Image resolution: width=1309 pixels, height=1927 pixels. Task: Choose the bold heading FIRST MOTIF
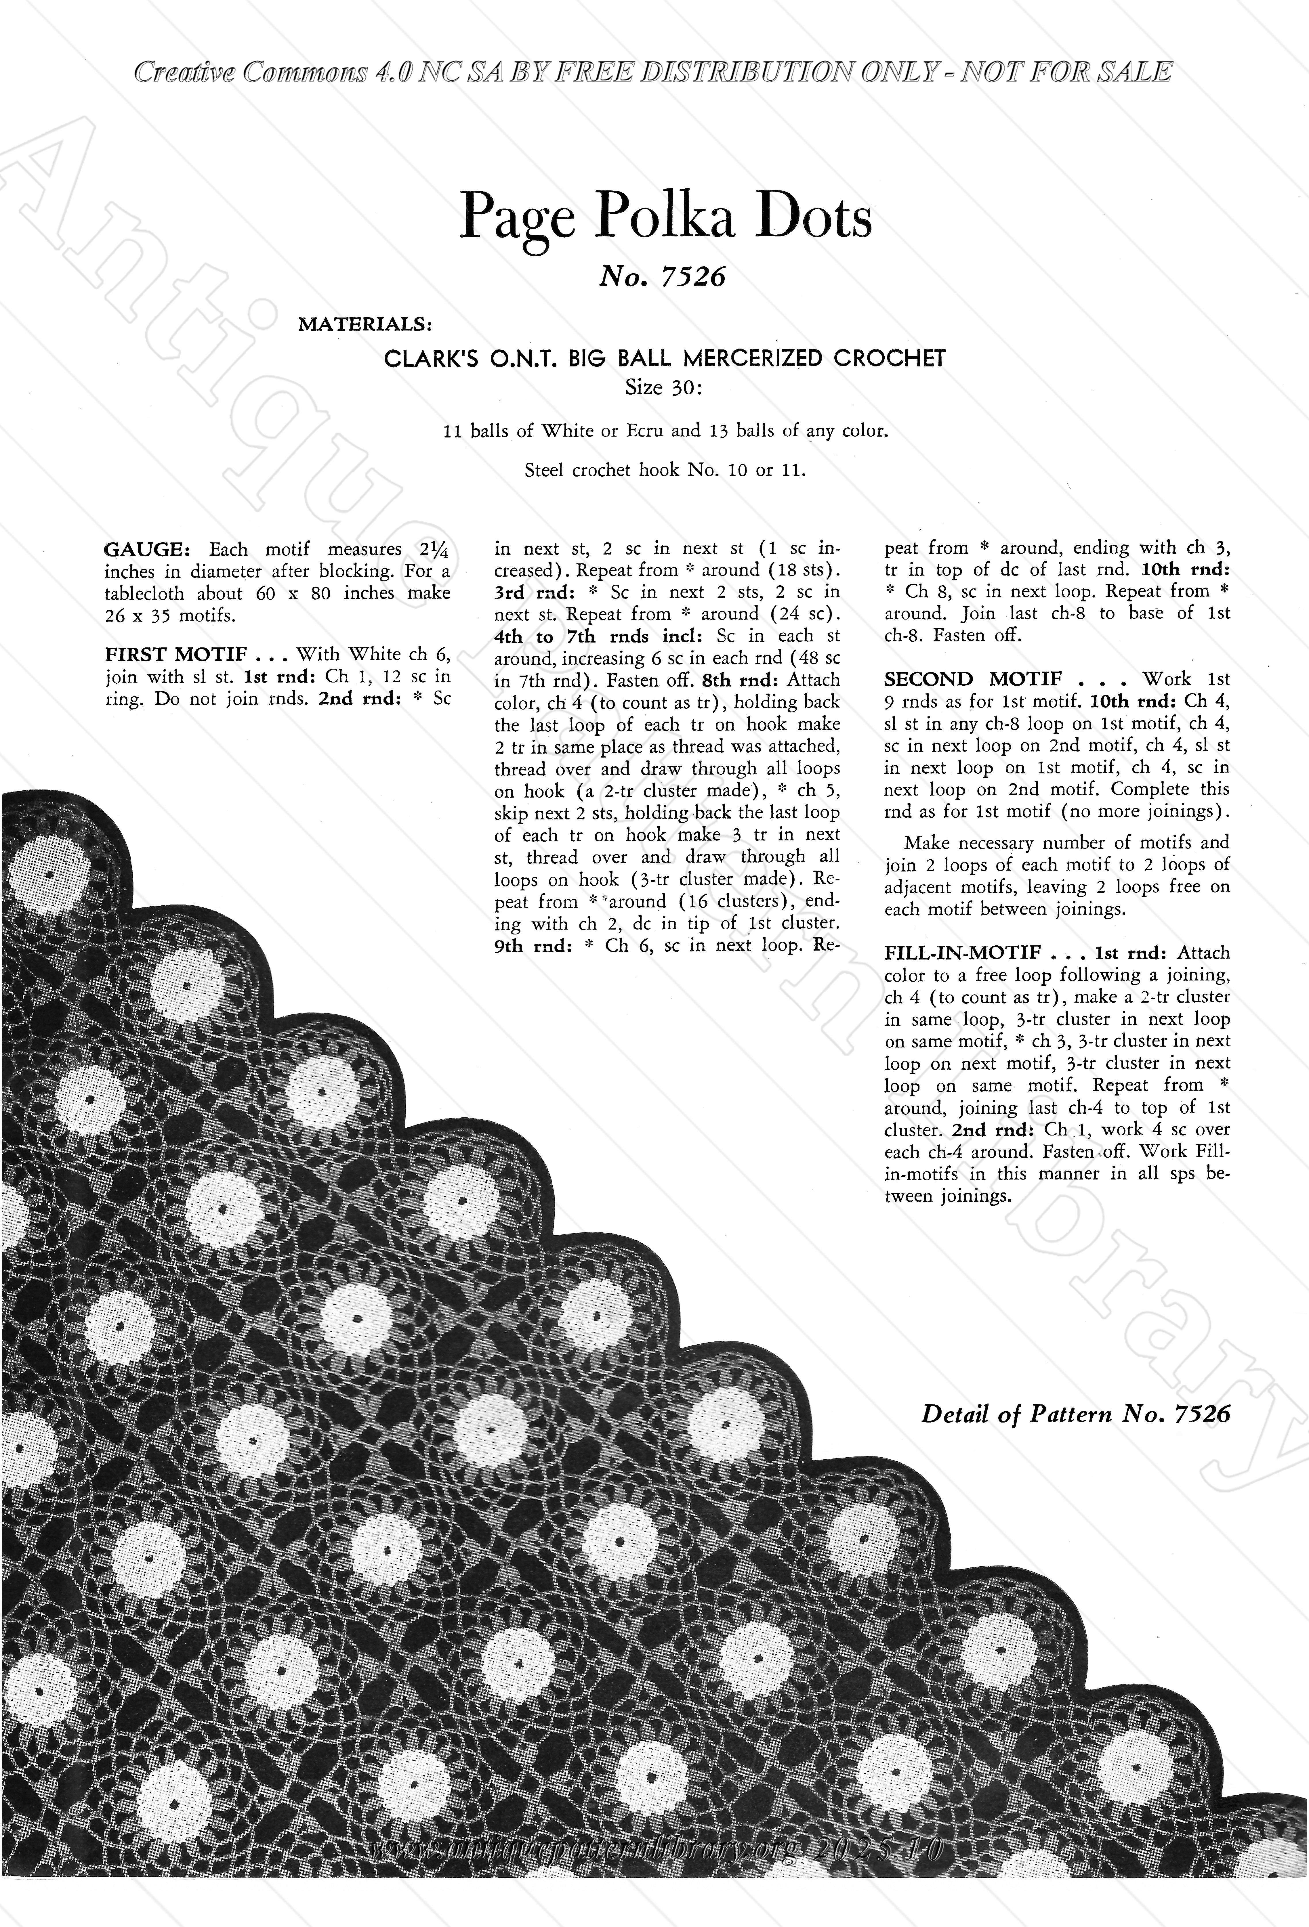176,654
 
